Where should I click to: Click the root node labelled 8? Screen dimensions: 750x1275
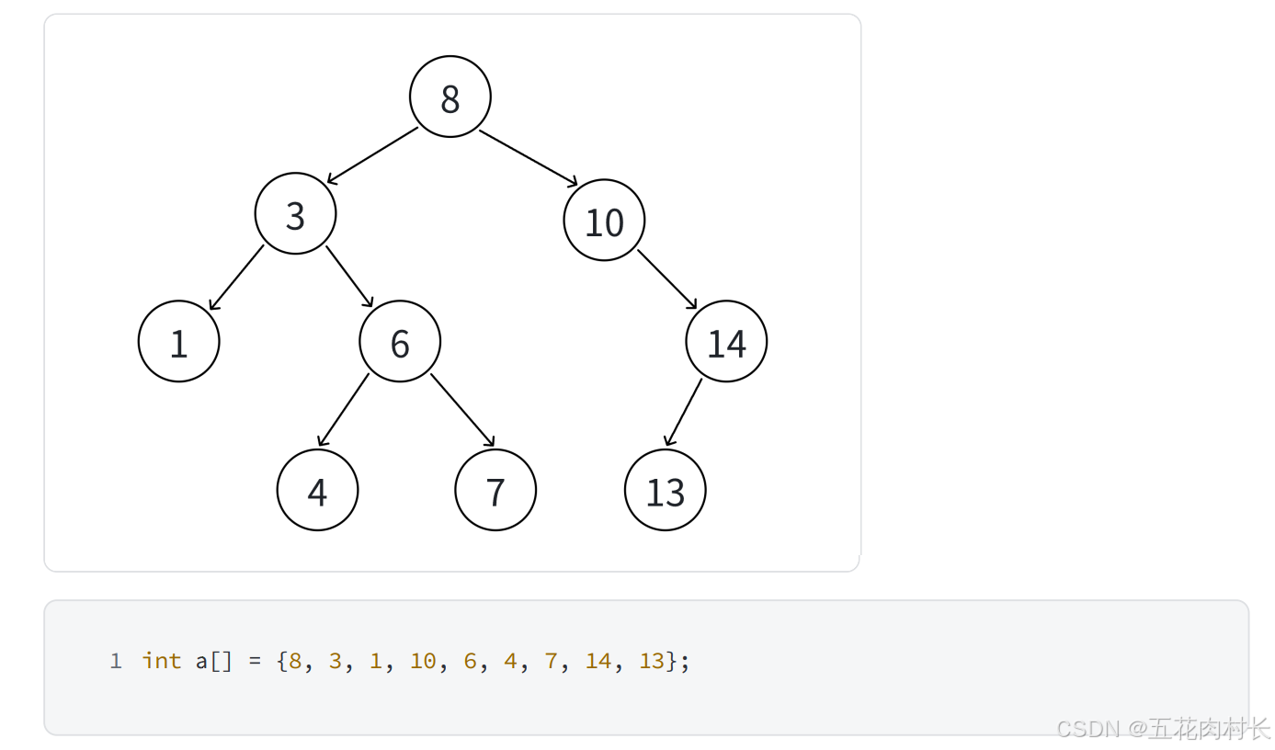click(450, 97)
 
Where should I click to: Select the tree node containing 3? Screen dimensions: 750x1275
click(295, 214)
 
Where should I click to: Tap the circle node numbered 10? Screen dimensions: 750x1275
click(604, 221)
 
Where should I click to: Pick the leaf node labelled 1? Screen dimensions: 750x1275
click(179, 341)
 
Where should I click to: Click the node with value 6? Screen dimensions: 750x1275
click(400, 341)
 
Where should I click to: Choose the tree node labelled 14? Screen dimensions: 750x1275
click(726, 341)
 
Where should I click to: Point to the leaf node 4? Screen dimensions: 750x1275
click(317, 490)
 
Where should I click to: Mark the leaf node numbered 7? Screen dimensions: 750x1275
click(495, 490)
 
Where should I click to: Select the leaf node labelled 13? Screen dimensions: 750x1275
click(666, 490)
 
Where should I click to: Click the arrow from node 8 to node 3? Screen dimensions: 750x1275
click(372, 155)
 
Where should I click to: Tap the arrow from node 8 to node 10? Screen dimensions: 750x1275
click(529, 158)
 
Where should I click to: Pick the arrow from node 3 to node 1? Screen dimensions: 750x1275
click(236, 278)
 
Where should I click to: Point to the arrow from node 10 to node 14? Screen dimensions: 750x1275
click(667, 279)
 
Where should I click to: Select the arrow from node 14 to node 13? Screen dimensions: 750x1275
click(683, 413)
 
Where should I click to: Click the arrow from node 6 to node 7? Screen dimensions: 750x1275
click(462, 409)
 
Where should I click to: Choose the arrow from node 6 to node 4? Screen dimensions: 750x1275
click(344, 410)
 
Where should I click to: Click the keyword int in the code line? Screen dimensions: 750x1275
click(162, 661)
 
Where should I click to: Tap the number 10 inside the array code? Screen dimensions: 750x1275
click(423, 661)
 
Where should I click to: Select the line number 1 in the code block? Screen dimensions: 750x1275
click(115, 661)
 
